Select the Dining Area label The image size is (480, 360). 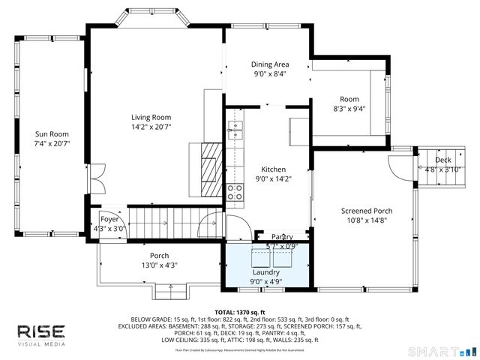(x=270, y=64)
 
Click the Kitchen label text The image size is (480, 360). (x=273, y=169)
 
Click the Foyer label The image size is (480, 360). (x=109, y=219)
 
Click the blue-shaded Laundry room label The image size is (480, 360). (x=265, y=272)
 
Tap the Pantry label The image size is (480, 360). (x=282, y=237)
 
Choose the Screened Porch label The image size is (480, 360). (x=366, y=211)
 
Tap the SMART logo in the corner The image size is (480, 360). (x=447, y=350)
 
